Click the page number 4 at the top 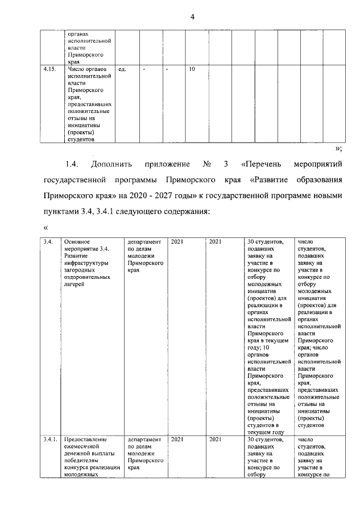(192, 18)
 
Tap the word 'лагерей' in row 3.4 (76, 285)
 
